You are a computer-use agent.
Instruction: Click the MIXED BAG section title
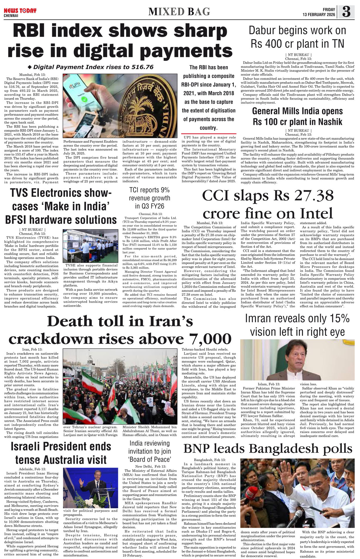179,11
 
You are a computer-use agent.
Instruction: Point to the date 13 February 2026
319,15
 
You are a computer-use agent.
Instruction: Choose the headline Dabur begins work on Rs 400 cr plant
297,37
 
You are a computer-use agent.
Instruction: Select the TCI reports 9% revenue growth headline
149,198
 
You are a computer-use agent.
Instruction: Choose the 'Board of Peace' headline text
149,460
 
